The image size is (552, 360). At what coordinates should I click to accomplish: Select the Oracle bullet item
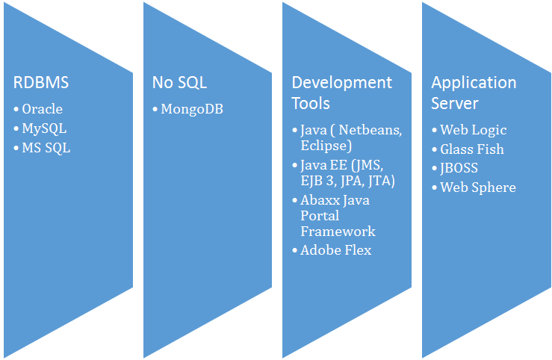click(42, 109)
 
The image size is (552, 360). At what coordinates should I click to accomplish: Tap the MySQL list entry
click(44, 128)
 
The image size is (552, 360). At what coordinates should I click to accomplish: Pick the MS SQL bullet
click(46, 148)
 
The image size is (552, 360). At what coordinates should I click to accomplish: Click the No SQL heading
click(179, 82)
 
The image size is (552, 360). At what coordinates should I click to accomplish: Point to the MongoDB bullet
click(192, 110)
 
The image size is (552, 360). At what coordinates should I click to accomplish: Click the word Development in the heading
click(341, 82)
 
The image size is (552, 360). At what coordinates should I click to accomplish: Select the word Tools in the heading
click(311, 102)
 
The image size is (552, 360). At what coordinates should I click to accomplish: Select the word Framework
click(338, 232)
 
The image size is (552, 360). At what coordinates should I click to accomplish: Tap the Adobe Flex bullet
click(335, 250)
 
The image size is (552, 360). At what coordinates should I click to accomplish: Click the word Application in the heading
click(474, 82)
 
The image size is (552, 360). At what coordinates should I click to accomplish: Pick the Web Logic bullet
click(473, 130)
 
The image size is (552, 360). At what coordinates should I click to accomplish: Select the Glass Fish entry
click(471, 149)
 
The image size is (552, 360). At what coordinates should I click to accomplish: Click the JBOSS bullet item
click(459, 168)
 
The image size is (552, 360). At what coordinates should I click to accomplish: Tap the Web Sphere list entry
click(477, 187)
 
